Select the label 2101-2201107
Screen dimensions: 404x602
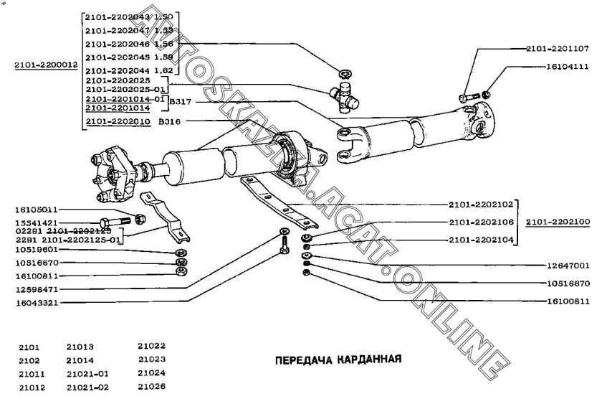(557, 49)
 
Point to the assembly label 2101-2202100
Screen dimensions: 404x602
(557, 222)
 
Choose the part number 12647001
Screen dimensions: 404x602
(564, 263)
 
